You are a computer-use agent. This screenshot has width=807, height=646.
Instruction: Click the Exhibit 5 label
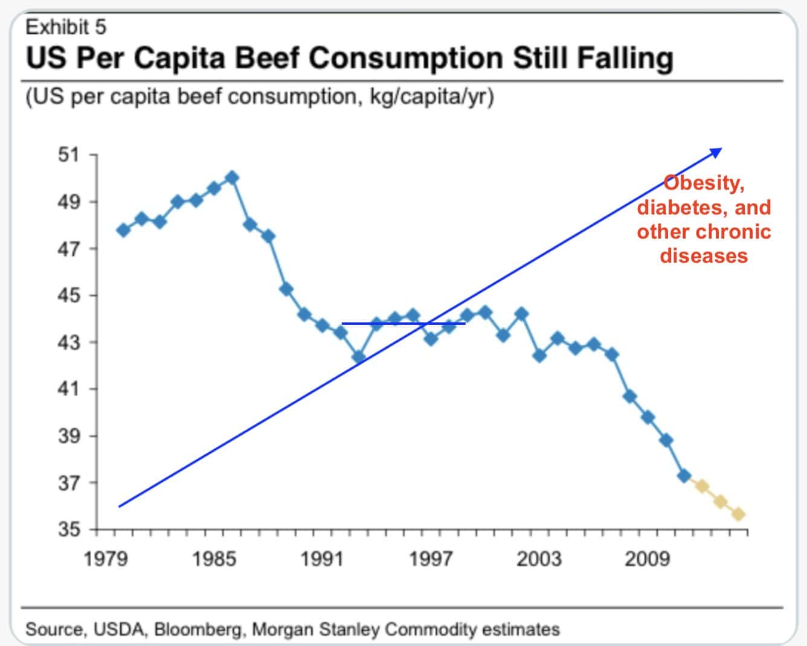click(x=66, y=27)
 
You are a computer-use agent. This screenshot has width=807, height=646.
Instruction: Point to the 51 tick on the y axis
click(x=68, y=155)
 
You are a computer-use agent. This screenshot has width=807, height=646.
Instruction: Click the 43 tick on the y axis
click(x=68, y=342)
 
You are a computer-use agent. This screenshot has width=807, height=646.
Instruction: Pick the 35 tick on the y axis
click(x=68, y=529)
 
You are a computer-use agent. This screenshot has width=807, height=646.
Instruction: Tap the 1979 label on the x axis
click(x=105, y=559)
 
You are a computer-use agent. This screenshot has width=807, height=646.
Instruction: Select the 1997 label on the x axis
click(x=430, y=559)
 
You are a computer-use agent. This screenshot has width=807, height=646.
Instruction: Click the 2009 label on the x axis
click(x=646, y=559)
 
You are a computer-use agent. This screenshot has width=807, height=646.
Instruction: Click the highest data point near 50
click(x=232, y=177)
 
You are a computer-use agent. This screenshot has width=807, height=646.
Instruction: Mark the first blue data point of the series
click(x=124, y=230)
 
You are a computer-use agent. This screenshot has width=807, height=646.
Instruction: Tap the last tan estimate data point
click(x=738, y=514)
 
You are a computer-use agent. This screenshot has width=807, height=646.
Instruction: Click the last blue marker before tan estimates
click(x=684, y=476)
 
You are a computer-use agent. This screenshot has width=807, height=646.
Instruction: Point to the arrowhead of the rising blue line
click(x=716, y=151)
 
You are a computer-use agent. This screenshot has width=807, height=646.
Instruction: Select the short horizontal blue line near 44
click(x=403, y=324)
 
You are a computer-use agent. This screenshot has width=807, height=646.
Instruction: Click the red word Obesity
click(x=704, y=183)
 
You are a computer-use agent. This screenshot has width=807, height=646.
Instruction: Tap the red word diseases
click(x=704, y=255)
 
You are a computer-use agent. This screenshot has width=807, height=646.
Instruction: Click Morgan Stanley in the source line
click(x=315, y=630)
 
